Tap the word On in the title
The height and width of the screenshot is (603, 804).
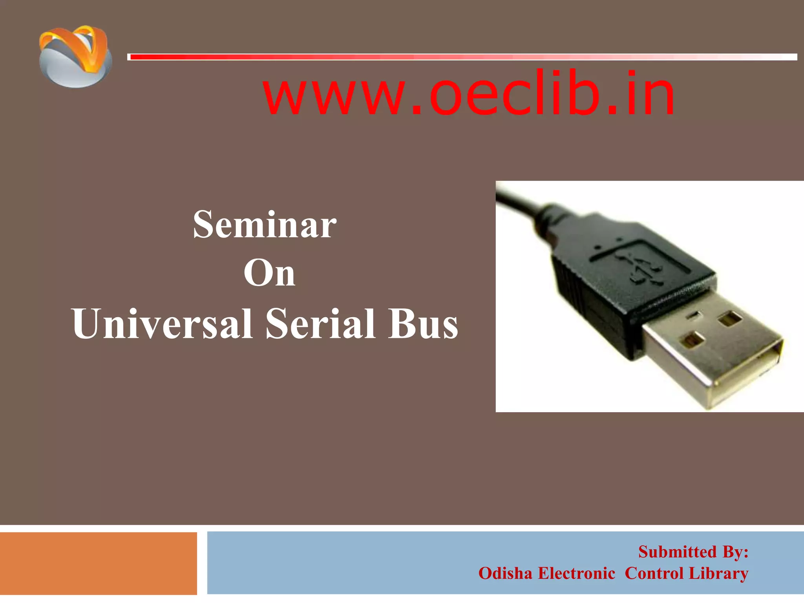[x=269, y=273]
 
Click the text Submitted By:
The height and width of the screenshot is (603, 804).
[x=693, y=552]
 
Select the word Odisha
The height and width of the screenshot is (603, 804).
[x=505, y=573]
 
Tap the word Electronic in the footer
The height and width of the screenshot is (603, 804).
[x=576, y=573]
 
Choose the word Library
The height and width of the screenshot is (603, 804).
[x=718, y=573]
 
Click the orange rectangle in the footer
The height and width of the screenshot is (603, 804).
[x=98, y=563]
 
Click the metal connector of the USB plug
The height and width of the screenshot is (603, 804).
[x=703, y=353]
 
